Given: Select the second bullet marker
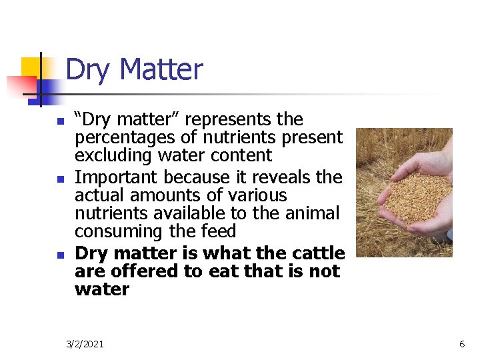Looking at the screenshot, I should tap(61, 179).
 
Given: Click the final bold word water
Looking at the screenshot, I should tap(102, 290).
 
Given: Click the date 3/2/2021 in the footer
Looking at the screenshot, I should tap(85, 344).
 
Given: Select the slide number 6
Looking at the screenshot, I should tap(461, 344).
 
